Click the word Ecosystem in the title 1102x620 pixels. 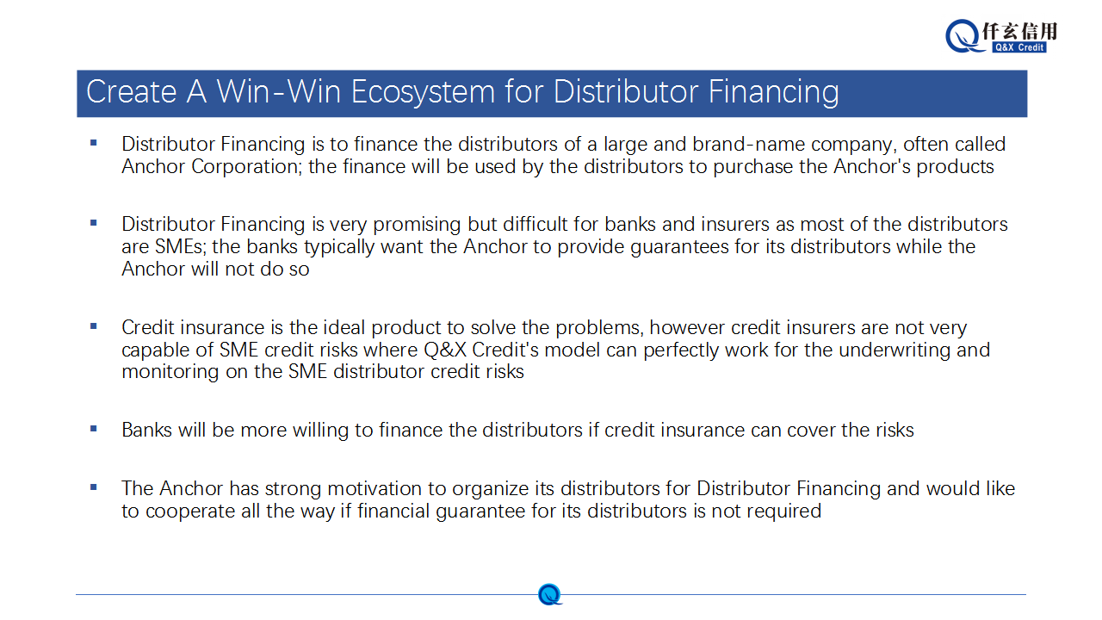pyautogui.click(x=423, y=92)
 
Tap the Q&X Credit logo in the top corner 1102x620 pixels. pyautogui.click(x=1001, y=36)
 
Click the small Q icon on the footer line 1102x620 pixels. pyautogui.click(x=549, y=594)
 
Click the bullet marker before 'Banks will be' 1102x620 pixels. pyautogui.click(x=94, y=429)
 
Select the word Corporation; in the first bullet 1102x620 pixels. pyautogui.click(x=246, y=167)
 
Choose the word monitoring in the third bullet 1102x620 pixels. pyautogui.click(x=170, y=372)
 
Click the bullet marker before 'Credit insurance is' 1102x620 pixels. pyautogui.click(x=94, y=325)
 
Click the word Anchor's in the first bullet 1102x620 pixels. pyautogui.click(x=872, y=167)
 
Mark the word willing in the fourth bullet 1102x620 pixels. pyautogui.click(x=321, y=431)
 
